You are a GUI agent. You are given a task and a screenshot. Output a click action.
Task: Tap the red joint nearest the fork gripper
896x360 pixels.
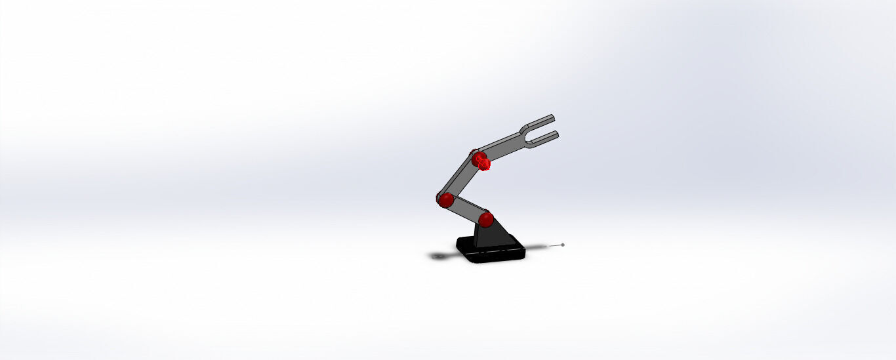pyautogui.click(x=478, y=157)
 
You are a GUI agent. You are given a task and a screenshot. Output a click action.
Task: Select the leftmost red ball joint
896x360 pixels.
pyautogui.click(x=446, y=199)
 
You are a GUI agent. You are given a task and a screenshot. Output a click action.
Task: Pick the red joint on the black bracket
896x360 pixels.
pyautogui.click(x=485, y=218)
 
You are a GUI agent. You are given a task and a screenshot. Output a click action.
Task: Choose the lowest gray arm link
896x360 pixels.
pyautogui.click(x=466, y=209)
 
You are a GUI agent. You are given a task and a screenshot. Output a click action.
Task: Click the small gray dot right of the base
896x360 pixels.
pyautogui.click(x=563, y=245)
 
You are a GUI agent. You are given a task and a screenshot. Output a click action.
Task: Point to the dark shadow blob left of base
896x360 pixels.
pyautogui.click(x=438, y=255)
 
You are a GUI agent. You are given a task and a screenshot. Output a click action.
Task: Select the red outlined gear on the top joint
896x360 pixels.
pyautogui.click(x=484, y=163)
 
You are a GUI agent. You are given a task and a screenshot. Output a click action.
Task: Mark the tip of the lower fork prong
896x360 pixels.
pyautogui.click(x=557, y=133)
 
